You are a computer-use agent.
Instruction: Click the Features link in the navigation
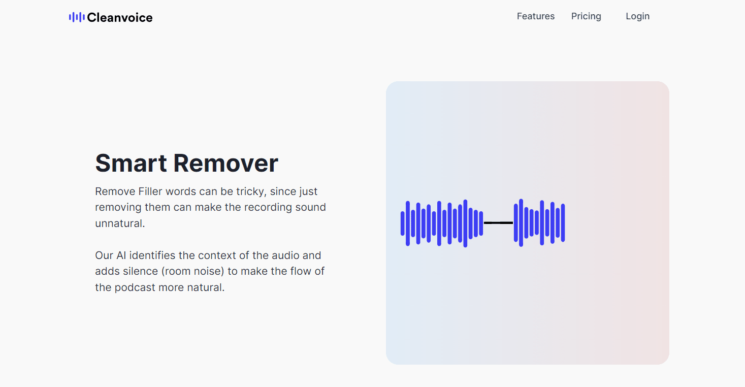(x=535, y=16)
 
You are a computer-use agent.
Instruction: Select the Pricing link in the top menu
(x=586, y=16)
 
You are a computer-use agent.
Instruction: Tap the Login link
(x=637, y=16)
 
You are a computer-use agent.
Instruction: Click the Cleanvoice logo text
(x=119, y=18)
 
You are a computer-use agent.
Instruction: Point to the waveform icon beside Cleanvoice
(x=76, y=17)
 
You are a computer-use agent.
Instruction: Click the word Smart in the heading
(x=131, y=163)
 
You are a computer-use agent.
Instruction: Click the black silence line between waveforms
(x=498, y=222)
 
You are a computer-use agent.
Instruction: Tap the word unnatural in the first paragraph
(x=120, y=223)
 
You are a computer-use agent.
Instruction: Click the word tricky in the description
(x=249, y=191)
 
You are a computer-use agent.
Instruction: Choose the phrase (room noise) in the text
(x=193, y=271)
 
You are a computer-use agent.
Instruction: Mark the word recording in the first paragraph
(x=268, y=207)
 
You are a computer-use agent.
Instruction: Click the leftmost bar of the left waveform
(x=403, y=223)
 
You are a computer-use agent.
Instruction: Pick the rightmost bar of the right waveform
(x=563, y=223)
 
